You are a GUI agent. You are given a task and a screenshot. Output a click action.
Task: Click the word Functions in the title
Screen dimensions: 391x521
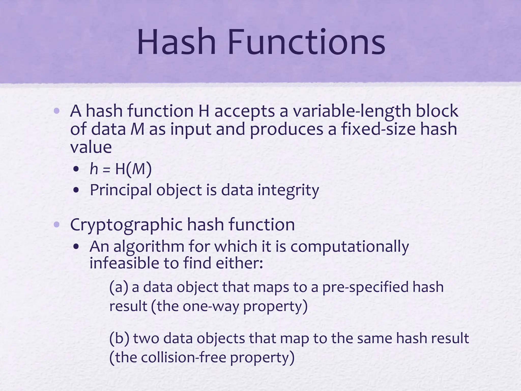[307, 42]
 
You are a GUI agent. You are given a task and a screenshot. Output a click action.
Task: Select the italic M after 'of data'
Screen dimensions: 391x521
[137, 129]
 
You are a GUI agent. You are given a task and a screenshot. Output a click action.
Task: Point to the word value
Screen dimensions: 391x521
[91, 147]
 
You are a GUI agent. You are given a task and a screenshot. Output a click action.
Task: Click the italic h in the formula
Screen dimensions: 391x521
[94, 169]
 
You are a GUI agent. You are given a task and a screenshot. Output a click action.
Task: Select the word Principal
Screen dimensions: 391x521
[121, 190]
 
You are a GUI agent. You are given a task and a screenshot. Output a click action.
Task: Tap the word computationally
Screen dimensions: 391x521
[350, 247]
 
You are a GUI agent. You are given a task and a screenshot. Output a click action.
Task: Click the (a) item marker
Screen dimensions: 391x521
[119, 287]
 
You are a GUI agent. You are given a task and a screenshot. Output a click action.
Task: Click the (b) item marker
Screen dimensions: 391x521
[119, 339]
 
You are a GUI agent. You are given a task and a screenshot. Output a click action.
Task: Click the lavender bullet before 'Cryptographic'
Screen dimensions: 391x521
[57, 225]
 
